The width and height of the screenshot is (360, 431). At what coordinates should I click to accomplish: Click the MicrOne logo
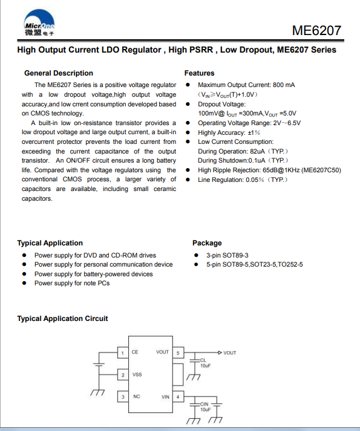coord(39,23)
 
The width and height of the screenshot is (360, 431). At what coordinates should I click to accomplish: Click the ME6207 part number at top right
coord(316,30)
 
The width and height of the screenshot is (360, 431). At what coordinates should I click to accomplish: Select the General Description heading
coord(59,73)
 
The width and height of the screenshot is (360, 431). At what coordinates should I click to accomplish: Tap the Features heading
coord(199,73)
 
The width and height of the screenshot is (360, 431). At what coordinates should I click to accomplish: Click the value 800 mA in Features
coord(284,85)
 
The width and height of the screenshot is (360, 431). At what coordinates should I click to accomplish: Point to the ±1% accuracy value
coord(254,133)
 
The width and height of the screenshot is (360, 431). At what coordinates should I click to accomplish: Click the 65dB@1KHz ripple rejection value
coord(281,170)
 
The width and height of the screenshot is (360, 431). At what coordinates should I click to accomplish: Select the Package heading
coord(207,243)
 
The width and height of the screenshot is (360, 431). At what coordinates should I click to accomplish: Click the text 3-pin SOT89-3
coord(227,255)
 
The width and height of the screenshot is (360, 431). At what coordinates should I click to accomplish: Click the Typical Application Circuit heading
coord(62,319)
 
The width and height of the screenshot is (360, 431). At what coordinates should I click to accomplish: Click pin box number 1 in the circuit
coord(123,353)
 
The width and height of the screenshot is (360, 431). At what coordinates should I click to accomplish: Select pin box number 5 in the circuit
coord(178,353)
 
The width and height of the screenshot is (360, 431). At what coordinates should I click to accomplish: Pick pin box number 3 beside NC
coord(123,397)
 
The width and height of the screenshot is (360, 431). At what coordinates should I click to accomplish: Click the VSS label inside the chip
coord(137,375)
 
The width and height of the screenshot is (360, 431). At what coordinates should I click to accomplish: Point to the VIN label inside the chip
coord(165,397)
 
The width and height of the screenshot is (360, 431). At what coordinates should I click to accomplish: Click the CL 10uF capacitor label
coord(205,363)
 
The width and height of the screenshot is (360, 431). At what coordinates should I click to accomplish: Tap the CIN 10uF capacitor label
coord(205,407)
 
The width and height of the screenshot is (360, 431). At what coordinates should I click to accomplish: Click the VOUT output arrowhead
coord(220,352)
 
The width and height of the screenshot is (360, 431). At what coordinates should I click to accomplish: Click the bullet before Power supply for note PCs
coord(24,283)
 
